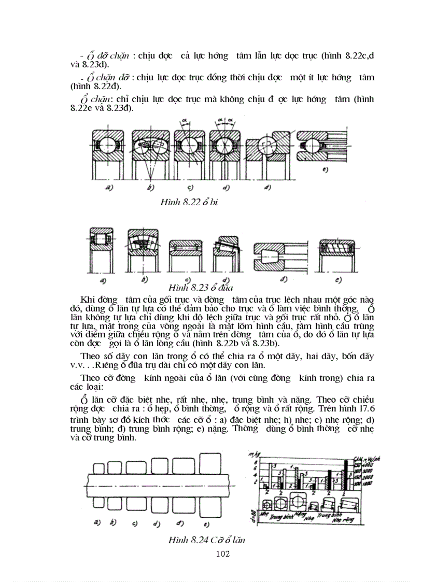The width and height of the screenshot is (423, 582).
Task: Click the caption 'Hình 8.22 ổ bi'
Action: pyautogui.click(x=189, y=202)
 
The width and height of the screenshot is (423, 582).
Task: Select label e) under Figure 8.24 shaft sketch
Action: pyautogui.click(x=206, y=524)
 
